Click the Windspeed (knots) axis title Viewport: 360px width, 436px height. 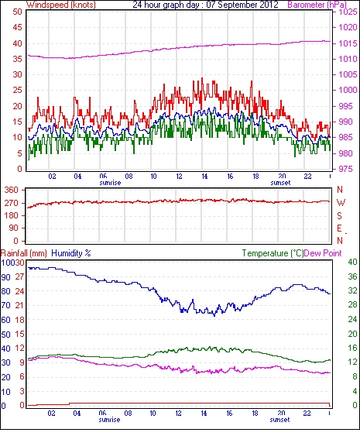click(61, 5)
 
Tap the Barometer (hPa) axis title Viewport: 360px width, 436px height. click(317, 5)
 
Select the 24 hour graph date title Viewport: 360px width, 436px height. click(205, 5)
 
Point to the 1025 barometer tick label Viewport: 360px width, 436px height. click(348, 12)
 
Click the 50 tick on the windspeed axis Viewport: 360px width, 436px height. click(17, 12)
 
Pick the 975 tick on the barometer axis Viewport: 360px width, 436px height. click(345, 169)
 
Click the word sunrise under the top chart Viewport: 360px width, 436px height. click(110, 183)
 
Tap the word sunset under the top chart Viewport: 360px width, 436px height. click(280, 183)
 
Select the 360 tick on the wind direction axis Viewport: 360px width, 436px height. click(12, 191)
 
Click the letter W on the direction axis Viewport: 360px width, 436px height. click(341, 203)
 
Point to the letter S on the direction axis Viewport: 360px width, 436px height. click(339, 215)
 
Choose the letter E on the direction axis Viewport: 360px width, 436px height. click(339, 228)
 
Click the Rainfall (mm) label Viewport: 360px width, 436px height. click(24, 253)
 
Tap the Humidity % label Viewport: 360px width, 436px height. click(71, 253)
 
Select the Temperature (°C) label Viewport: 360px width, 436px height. click(273, 253)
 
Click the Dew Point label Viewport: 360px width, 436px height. click(323, 253)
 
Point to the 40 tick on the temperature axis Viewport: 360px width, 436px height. click(352, 262)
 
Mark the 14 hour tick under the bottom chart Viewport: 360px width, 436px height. click(204, 414)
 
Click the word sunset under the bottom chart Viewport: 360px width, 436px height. click(279, 420)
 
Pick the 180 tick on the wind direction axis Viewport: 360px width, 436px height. click(12, 215)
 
